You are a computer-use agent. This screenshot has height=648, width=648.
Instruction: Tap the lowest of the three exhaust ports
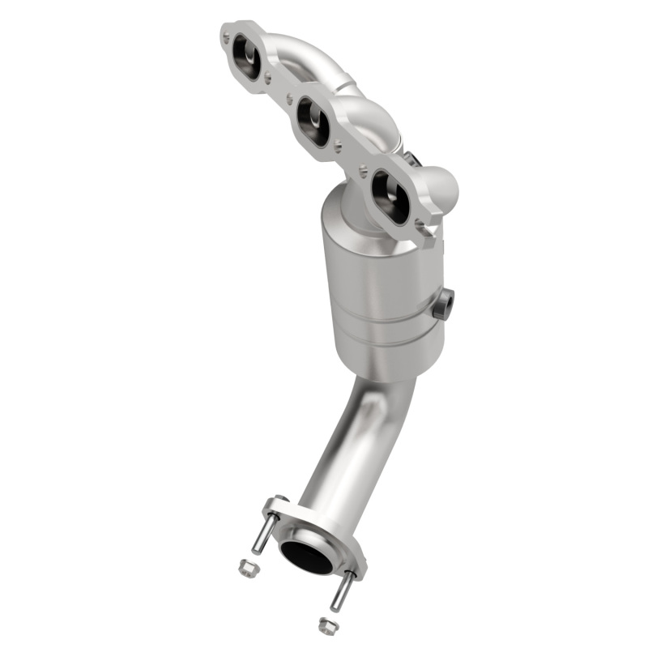390,194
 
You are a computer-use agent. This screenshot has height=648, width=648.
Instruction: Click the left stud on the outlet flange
262,535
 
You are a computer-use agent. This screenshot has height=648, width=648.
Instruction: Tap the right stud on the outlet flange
343,591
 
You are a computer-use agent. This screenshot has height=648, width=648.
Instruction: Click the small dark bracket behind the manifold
411,159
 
